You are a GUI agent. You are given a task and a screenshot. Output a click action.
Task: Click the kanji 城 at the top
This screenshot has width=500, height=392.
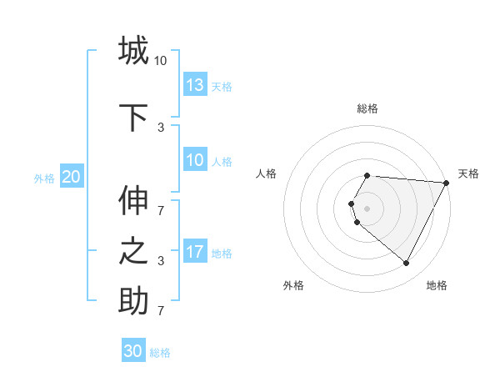pyautogui.click(x=133, y=51)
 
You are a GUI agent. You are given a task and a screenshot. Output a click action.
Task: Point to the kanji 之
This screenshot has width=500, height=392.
pyautogui.click(x=133, y=251)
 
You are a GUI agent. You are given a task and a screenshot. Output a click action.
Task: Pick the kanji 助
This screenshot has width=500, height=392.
pyautogui.click(x=133, y=300)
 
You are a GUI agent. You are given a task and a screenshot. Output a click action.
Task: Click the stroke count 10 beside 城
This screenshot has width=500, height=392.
pyautogui.click(x=161, y=60)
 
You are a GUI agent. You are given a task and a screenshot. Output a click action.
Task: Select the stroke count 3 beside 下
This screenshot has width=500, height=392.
pyautogui.click(x=161, y=128)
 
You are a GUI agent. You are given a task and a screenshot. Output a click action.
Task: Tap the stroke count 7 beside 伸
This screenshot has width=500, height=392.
pyautogui.click(x=161, y=202)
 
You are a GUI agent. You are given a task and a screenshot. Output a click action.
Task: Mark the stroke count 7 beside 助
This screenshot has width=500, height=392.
pyautogui.click(x=161, y=310)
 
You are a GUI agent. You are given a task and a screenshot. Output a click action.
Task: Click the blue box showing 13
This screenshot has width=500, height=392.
pyautogui.click(x=195, y=85)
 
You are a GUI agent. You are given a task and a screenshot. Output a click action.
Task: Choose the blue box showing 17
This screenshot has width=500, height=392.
pyautogui.click(x=195, y=252)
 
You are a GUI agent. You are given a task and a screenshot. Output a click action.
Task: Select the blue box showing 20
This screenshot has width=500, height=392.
pyautogui.click(x=72, y=177)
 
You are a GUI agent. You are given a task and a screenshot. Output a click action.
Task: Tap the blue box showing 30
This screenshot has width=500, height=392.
pyautogui.click(x=133, y=351)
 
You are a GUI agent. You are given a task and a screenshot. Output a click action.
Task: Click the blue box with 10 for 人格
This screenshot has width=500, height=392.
pyautogui.click(x=195, y=161)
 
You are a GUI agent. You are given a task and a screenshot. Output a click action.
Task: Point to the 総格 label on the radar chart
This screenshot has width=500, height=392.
pyautogui.click(x=367, y=108)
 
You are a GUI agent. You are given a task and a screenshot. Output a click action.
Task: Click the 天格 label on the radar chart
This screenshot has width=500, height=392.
pyautogui.click(x=468, y=173)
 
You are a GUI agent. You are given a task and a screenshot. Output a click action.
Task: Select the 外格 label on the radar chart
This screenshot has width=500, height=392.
pyautogui.click(x=293, y=285)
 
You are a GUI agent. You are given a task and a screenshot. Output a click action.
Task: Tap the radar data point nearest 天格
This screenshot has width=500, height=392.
pyautogui.click(x=447, y=183)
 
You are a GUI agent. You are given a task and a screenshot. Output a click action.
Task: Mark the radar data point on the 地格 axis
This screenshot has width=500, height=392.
pyautogui.click(x=407, y=264)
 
